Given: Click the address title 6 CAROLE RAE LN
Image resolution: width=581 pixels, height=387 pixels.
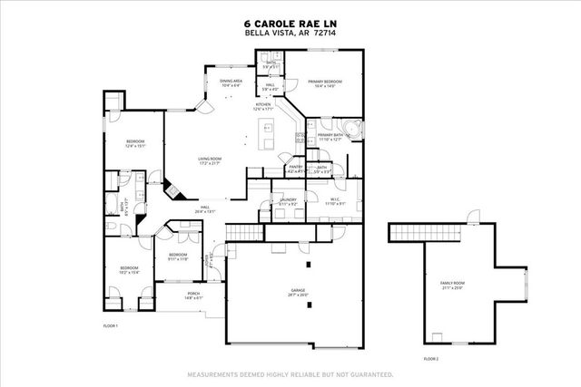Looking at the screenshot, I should pyautogui.click(x=290, y=24).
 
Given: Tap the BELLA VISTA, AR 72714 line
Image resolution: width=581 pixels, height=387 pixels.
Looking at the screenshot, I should pyautogui.click(x=290, y=33).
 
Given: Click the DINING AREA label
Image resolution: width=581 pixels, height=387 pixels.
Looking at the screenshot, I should pyautogui.click(x=231, y=82).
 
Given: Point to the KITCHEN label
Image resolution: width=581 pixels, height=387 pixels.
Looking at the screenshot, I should pyautogui.click(x=263, y=106).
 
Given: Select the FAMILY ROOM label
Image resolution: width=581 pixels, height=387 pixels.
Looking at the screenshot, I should pyautogui.click(x=451, y=285).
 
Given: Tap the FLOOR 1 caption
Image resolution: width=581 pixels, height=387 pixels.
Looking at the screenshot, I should pyautogui.click(x=110, y=324).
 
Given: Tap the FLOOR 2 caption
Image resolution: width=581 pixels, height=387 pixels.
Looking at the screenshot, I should pyautogui.click(x=430, y=358).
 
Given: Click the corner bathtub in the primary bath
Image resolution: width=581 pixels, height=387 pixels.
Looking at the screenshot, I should pyautogui.click(x=355, y=130).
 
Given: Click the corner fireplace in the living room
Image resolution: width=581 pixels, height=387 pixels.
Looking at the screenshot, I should pyautogui.click(x=181, y=191).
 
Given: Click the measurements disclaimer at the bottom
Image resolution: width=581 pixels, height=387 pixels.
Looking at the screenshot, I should pyautogui.click(x=290, y=373).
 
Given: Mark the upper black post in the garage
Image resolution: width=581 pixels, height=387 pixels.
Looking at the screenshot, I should pyautogui.click(x=309, y=265).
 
